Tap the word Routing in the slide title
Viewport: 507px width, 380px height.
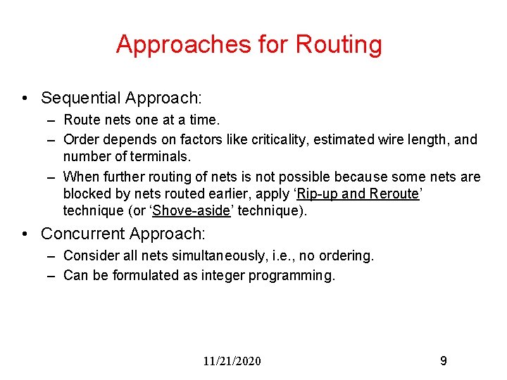coord(339,44)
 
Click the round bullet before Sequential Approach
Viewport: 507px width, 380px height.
coord(25,98)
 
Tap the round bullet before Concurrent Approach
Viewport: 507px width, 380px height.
coord(25,233)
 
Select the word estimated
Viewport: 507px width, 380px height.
coord(341,139)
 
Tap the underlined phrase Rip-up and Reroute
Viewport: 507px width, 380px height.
coord(358,194)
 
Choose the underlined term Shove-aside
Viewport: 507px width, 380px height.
coord(184,210)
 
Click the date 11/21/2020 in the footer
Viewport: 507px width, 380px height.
coord(232,361)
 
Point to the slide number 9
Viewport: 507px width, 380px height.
coord(443,361)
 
